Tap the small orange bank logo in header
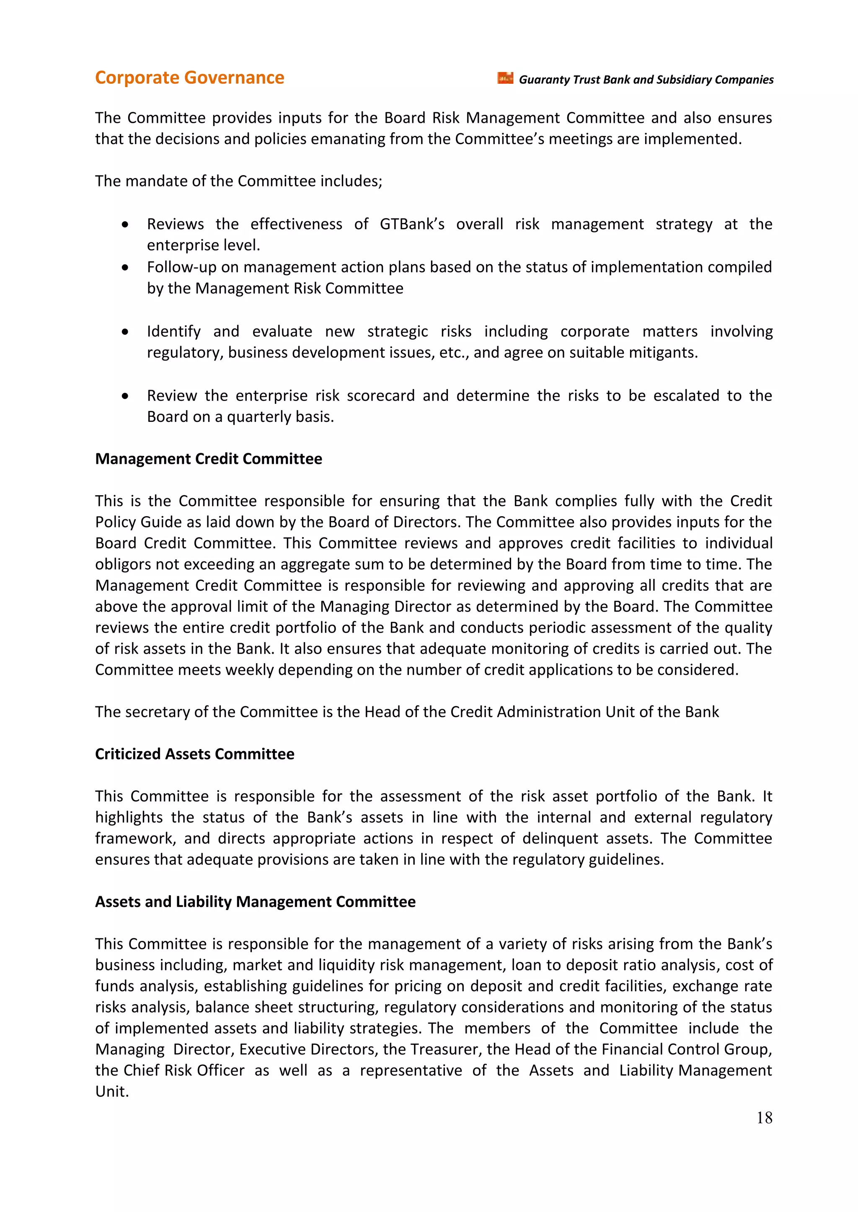tap(505, 78)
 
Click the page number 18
tap(764, 1117)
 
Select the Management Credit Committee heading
tap(208, 459)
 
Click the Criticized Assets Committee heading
tap(194, 754)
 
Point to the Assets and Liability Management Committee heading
tap(255, 901)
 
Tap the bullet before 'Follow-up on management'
tap(125, 268)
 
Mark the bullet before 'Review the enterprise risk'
tap(125, 396)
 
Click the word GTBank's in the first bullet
tap(411, 224)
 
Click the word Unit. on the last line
tap(112, 1091)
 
